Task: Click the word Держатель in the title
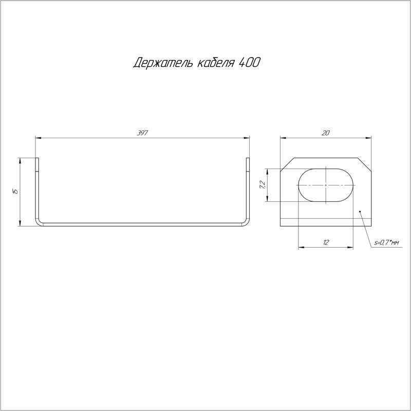[x=163, y=63]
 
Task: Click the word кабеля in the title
[x=215, y=62]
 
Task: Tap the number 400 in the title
[x=250, y=62]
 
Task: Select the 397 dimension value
[x=142, y=133]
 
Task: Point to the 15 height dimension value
[x=15, y=191]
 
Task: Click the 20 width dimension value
[x=325, y=133]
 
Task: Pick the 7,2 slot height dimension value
[x=263, y=185]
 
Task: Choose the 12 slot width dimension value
[x=326, y=242]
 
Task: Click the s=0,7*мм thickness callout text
[x=386, y=242]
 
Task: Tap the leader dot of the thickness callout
[x=360, y=211]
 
